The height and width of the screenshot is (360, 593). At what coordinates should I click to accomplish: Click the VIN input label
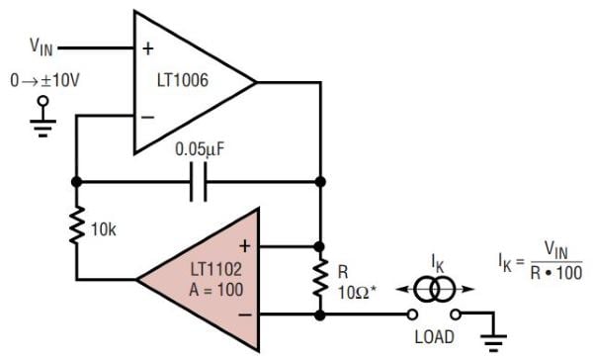(x=42, y=45)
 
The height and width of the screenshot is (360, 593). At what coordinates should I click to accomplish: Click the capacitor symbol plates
(x=198, y=182)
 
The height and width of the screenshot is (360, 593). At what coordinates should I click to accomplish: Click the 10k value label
(x=103, y=229)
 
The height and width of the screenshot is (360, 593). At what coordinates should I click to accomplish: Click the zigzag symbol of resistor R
(x=319, y=280)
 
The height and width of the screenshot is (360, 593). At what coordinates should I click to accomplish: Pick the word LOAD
(x=436, y=336)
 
